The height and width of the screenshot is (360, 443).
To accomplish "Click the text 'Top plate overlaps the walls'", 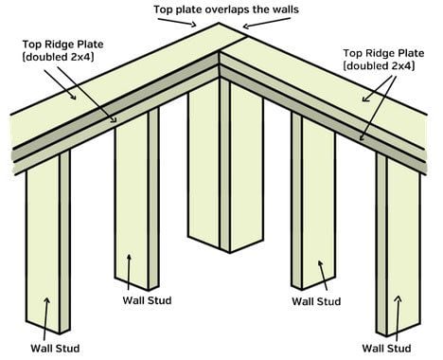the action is click(x=226, y=9).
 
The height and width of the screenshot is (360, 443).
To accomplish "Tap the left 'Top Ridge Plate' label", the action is click(x=62, y=44).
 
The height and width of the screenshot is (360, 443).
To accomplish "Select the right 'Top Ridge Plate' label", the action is click(x=383, y=53).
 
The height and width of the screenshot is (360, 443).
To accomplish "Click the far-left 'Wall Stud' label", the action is click(x=55, y=349).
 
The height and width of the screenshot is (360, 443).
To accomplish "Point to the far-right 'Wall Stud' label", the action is click(x=386, y=349).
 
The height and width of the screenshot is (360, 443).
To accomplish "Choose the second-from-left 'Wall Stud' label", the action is click(x=147, y=300).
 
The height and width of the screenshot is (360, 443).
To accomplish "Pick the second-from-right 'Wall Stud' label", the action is click(x=316, y=301).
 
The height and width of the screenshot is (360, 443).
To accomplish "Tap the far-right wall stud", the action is click(x=399, y=244).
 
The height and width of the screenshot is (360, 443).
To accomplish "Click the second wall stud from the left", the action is click(x=137, y=199).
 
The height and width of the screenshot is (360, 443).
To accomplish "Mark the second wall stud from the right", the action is click(x=313, y=201).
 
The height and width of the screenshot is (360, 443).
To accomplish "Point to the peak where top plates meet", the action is click(x=219, y=23).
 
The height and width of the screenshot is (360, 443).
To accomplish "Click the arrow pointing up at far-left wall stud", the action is click(x=45, y=319).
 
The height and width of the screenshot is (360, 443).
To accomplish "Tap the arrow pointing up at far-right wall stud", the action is click(x=398, y=318).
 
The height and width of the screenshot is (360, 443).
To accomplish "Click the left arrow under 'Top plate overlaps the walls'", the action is click(x=177, y=22).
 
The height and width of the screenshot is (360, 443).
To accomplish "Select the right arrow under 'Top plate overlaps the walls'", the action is click(x=266, y=23).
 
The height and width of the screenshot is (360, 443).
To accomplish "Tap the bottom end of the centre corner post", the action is click(x=230, y=253).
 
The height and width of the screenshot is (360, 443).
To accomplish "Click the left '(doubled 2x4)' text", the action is click(x=59, y=57).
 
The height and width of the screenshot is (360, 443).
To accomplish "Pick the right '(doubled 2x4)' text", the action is click(x=379, y=66).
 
